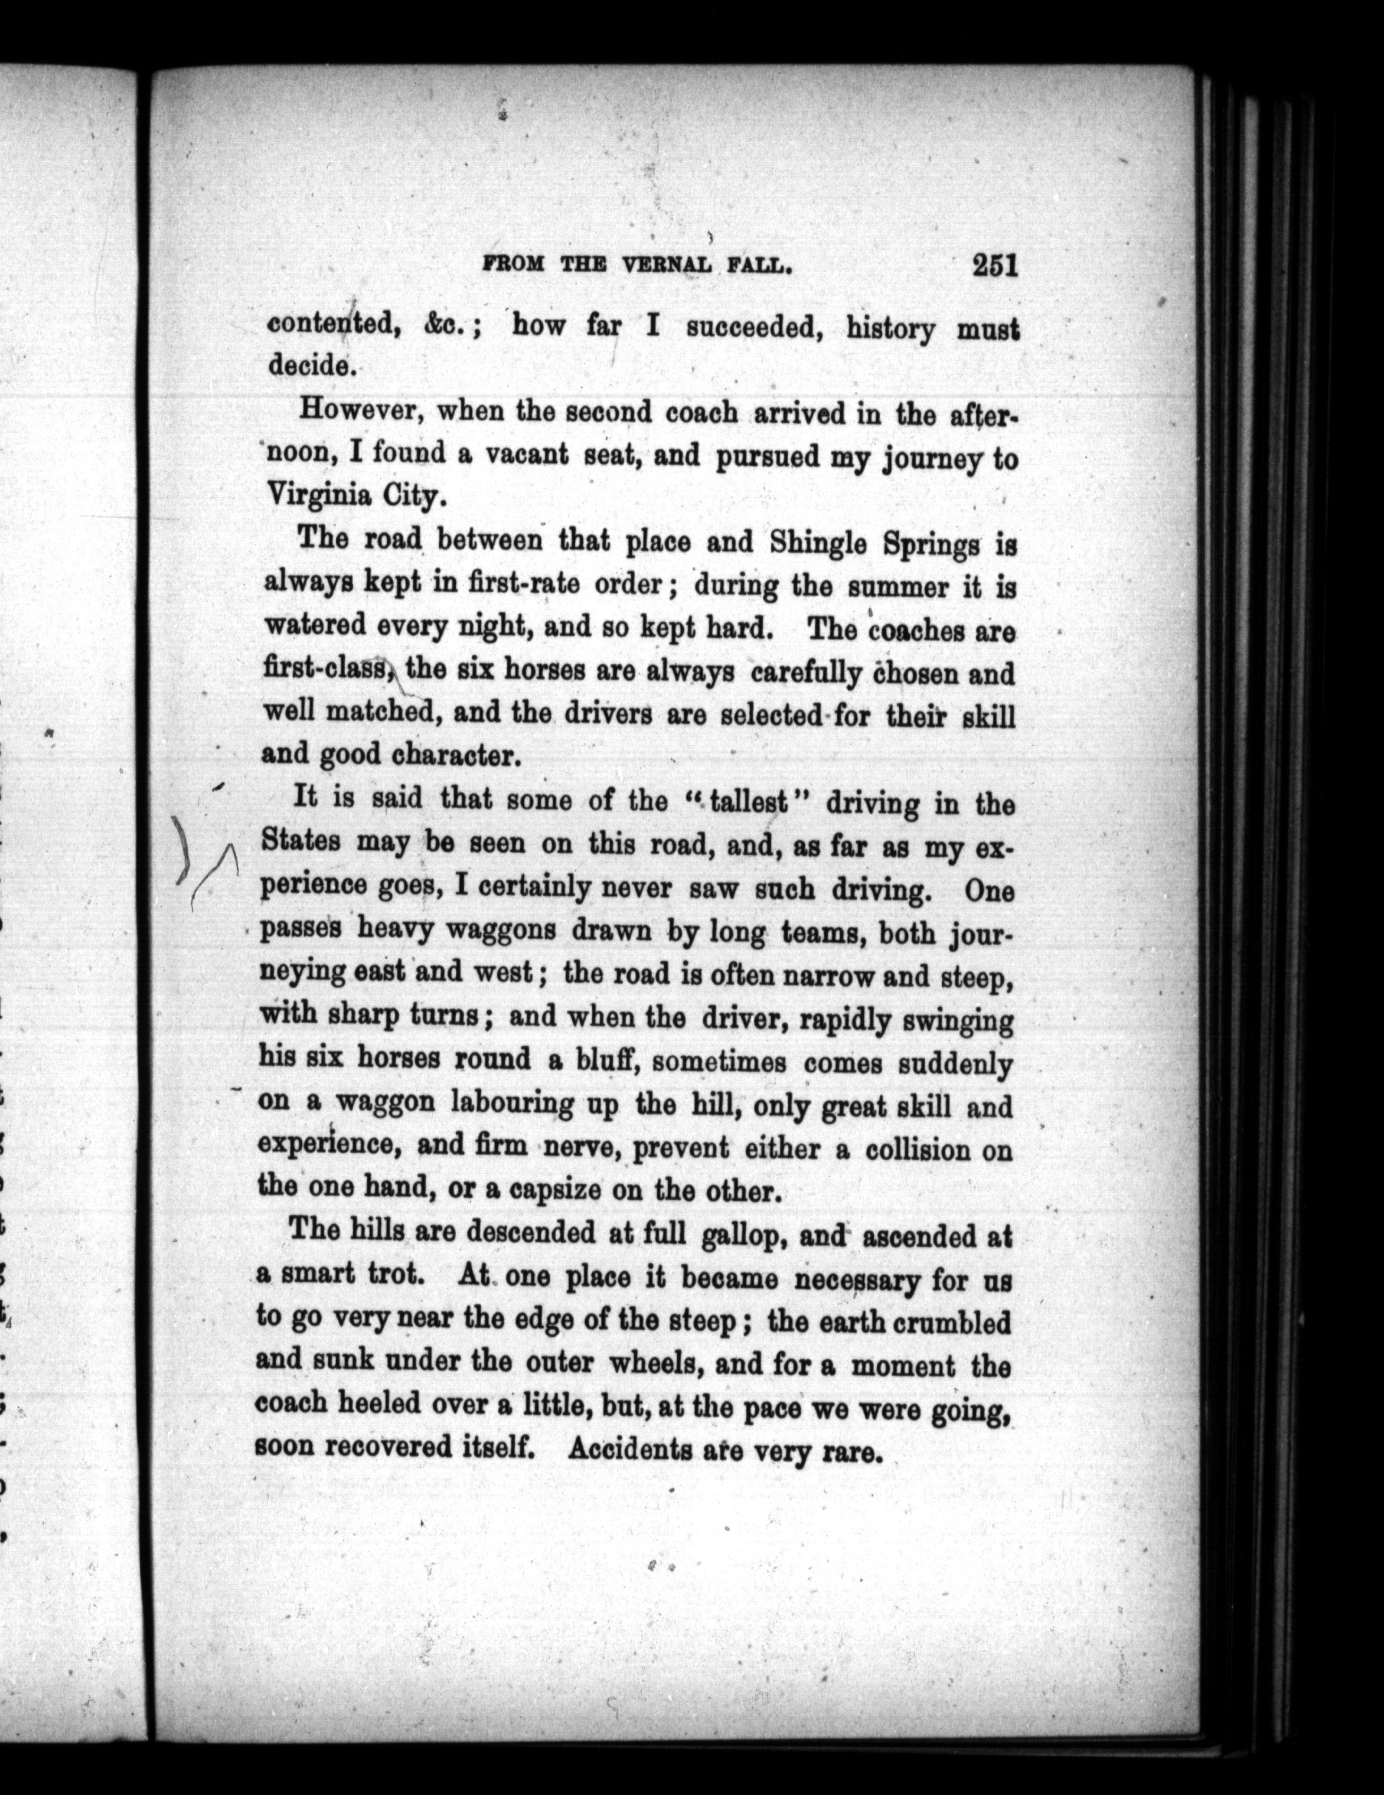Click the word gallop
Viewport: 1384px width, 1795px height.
coord(742,1235)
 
